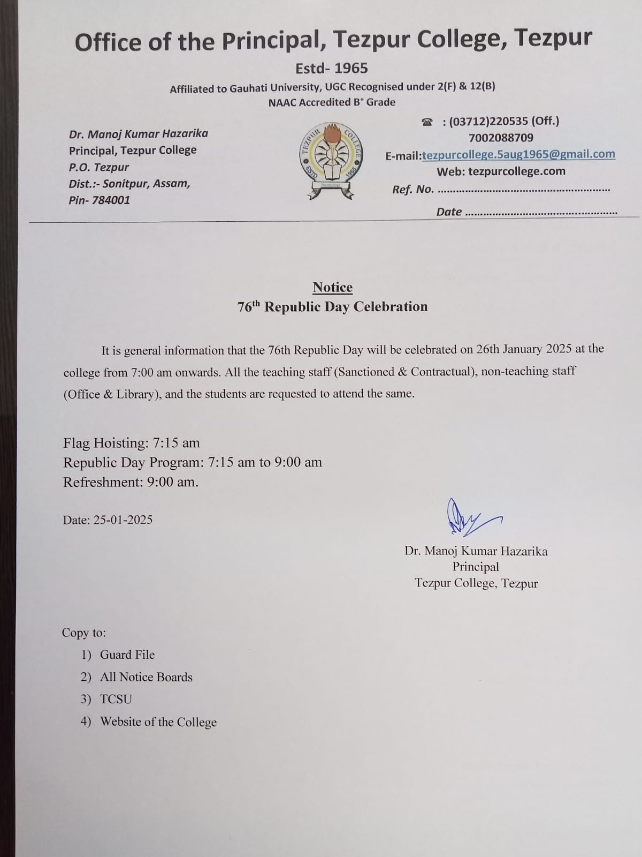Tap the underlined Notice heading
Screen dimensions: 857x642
click(x=332, y=288)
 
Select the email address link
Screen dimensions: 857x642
click(x=518, y=154)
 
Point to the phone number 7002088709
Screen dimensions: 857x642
click(x=501, y=138)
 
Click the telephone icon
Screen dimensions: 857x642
click(x=427, y=122)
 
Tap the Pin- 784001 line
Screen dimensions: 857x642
click(x=99, y=200)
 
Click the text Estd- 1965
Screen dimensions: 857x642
click(x=332, y=68)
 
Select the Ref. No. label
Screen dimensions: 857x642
click(x=412, y=189)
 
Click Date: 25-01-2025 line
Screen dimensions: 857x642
click(x=108, y=520)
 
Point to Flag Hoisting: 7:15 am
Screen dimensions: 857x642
click(x=131, y=443)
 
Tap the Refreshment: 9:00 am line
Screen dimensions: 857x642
click(x=131, y=482)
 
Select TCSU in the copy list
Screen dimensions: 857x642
click(x=116, y=699)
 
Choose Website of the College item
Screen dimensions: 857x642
click(x=158, y=722)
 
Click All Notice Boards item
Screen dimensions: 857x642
click(x=146, y=677)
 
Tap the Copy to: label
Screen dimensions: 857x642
click(x=84, y=633)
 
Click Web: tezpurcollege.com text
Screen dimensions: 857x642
click(x=501, y=171)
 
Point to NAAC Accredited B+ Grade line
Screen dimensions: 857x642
click(x=332, y=102)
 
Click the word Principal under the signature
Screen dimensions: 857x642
click(x=476, y=567)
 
